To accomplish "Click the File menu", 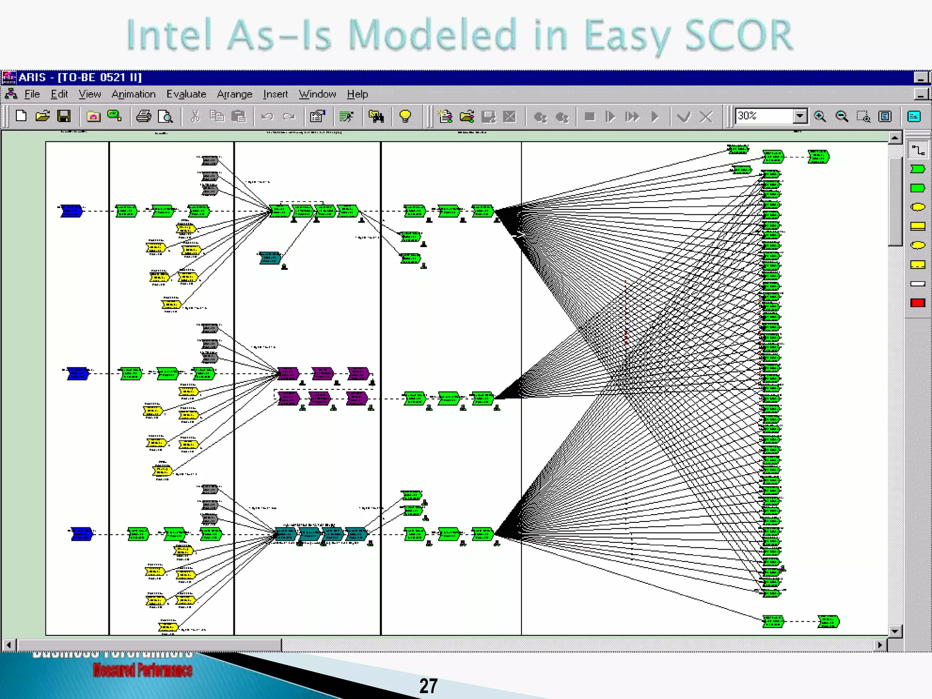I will click(x=31, y=94).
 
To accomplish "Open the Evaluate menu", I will click(x=186, y=94).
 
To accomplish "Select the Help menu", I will click(x=357, y=94).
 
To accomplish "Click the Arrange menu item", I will click(x=234, y=94).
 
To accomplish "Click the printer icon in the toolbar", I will click(x=144, y=116).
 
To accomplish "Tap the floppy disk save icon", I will click(x=64, y=116).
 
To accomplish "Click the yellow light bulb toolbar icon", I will click(x=405, y=116).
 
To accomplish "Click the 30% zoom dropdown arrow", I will click(x=800, y=116).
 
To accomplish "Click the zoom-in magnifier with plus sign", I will click(x=820, y=116).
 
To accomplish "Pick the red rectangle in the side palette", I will click(x=917, y=303).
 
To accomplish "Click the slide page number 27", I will click(x=428, y=686).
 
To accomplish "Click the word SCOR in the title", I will click(x=738, y=35).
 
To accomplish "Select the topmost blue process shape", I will click(x=71, y=211).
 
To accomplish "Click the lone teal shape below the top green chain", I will click(x=269, y=258).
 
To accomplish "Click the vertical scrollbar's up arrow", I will click(x=895, y=137).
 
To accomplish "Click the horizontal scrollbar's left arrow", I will click(x=9, y=645).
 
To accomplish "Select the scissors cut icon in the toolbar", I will click(x=195, y=116).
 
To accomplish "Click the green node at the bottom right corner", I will click(x=828, y=621).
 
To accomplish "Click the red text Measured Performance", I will click(x=142, y=670).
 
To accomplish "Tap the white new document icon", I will click(x=21, y=116).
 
